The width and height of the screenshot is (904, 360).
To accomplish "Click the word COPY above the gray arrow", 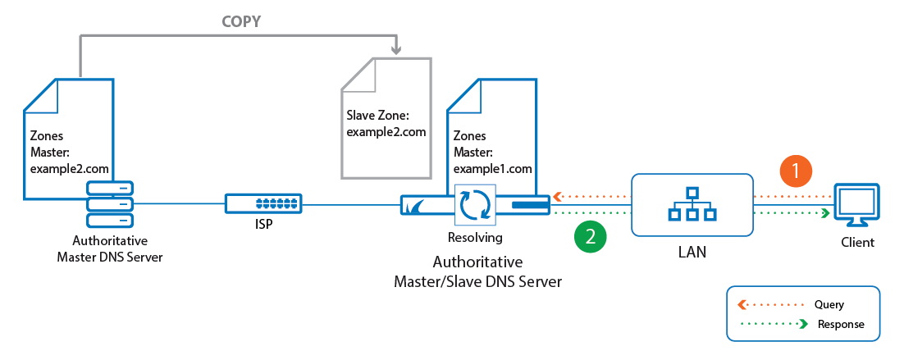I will point(241,22).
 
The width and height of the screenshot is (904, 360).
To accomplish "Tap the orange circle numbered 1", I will point(796,171).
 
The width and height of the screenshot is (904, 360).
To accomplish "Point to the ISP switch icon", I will point(263,203).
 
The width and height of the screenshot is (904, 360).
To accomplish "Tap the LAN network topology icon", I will point(692,205).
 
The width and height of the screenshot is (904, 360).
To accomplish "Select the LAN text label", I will point(692,252).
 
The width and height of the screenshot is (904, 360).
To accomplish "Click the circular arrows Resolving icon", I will point(477,205).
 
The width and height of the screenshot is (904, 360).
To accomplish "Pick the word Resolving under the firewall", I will point(477,238).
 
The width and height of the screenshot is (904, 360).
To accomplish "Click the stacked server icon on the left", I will point(108,205).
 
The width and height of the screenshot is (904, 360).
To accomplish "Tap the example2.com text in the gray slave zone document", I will point(386,132).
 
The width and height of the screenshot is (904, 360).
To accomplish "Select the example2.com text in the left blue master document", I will point(70,168).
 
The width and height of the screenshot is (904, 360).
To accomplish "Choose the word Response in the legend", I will point(839,324).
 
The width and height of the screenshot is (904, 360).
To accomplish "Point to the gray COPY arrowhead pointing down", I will point(397,51).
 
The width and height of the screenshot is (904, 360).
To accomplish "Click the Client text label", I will point(857,243).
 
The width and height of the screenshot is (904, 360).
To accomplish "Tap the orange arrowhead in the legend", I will point(742,305).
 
